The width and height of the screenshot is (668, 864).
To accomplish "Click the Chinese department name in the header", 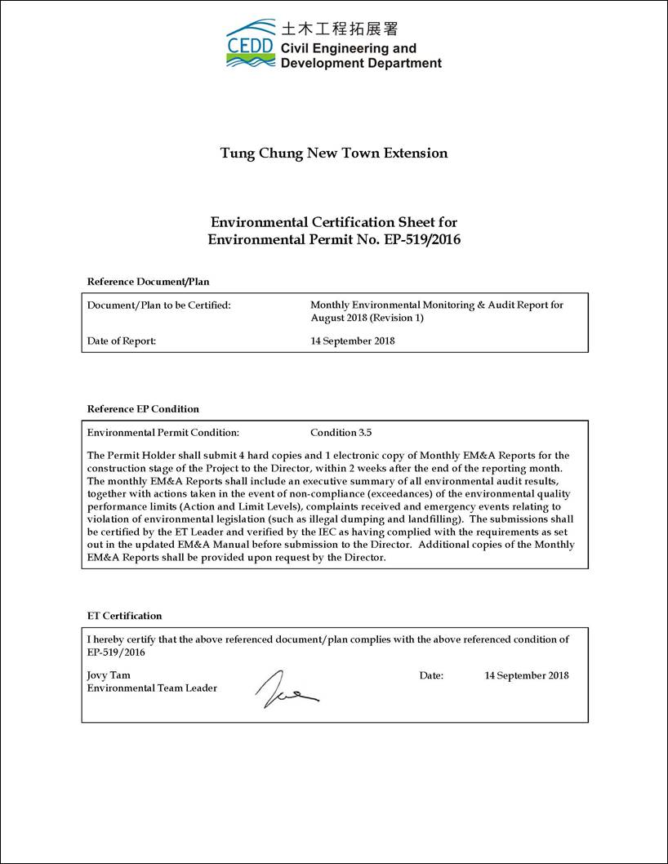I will tap(339, 29).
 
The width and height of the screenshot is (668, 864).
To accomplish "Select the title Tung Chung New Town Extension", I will tap(334, 153).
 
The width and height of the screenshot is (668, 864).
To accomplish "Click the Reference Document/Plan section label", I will tap(148, 282).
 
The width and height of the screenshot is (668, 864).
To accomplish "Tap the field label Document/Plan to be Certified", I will tap(158, 305).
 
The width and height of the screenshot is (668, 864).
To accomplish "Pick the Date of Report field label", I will tap(122, 341).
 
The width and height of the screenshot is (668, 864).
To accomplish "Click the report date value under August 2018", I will tap(353, 341).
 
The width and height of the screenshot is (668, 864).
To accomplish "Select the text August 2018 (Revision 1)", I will tap(367, 318).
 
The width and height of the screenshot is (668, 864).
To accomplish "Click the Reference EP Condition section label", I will tap(143, 409).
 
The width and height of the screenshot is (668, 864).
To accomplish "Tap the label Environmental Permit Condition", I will tap(163, 433).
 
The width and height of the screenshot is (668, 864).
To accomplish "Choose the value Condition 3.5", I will tap(341, 433).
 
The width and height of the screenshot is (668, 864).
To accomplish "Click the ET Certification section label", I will tap(125, 616).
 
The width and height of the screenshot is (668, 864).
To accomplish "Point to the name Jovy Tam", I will tap(109, 675).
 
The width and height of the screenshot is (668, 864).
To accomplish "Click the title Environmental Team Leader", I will tap(152, 688).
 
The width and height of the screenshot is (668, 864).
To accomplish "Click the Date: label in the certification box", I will tap(431, 675).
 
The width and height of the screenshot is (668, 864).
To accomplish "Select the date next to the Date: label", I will tap(527, 675).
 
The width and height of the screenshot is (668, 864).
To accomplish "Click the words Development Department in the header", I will tap(361, 63).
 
